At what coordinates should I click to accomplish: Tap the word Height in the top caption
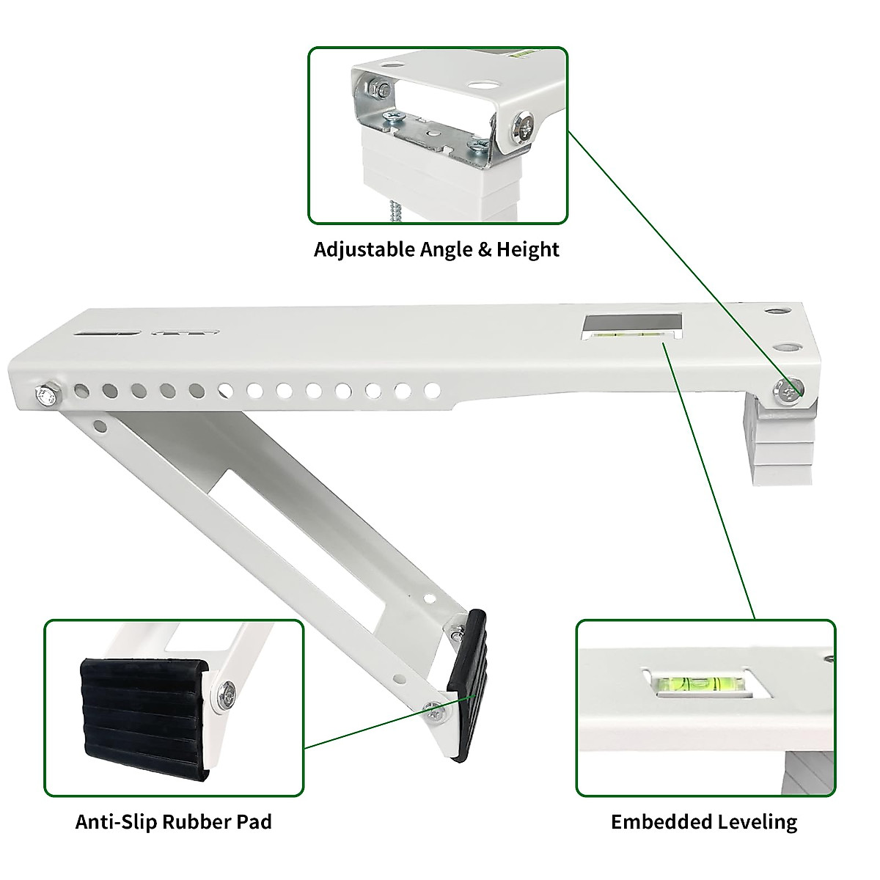click(x=527, y=249)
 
